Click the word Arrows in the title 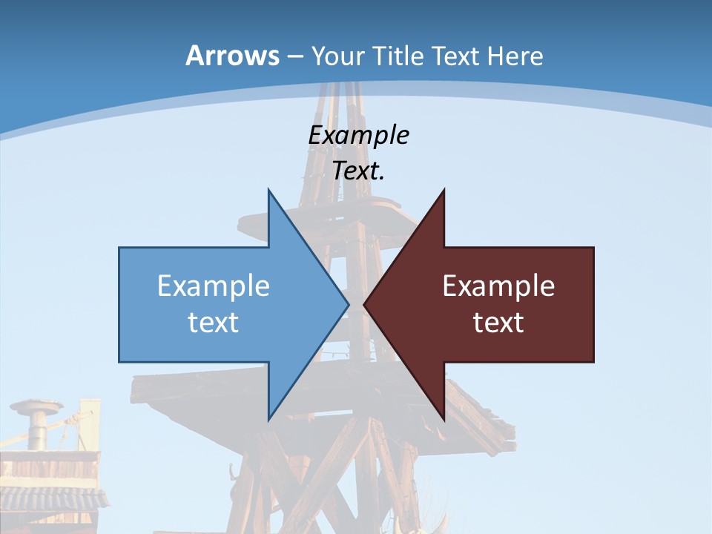tap(232, 56)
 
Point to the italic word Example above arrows tap(358, 135)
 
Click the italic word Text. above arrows tap(358, 171)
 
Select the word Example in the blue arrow tap(214, 286)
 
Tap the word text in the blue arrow tap(214, 322)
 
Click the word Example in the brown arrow tap(498, 286)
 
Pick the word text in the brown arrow tap(498, 322)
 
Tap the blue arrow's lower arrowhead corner tap(269, 418)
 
